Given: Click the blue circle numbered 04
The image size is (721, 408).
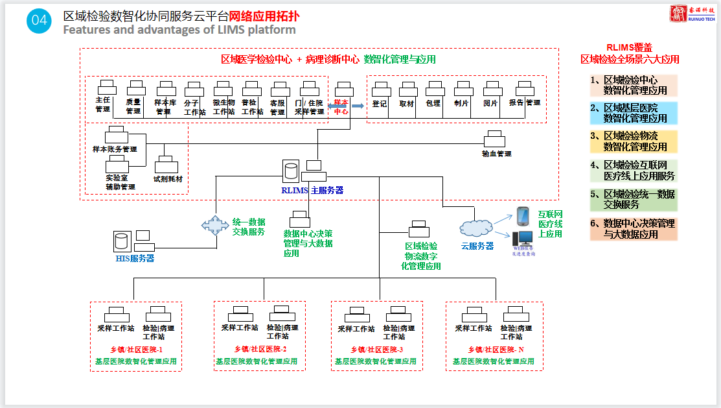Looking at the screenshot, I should tap(39, 21).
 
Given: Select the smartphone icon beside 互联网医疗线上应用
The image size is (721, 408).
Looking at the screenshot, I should tap(523, 215).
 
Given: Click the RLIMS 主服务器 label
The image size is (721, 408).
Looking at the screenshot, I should tap(312, 190).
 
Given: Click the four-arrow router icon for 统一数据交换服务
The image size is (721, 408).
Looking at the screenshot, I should tap(215, 225).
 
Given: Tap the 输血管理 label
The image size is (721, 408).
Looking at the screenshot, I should tap(496, 154).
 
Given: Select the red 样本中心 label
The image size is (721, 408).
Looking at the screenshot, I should tap(341, 107).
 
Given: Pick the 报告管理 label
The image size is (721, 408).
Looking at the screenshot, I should tap(525, 102).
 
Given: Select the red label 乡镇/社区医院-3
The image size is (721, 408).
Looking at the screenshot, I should tap(377, 350).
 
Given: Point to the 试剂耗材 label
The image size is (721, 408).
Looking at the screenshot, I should tap(168, 178).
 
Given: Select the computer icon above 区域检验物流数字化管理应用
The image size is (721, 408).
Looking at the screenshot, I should tap(418, 230).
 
